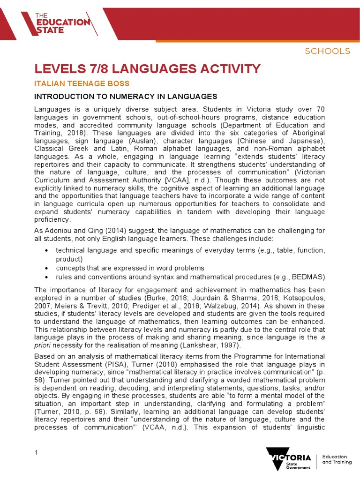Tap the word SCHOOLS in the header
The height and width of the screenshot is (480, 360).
(328, 51)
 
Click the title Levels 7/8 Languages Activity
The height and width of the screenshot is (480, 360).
(147, 69)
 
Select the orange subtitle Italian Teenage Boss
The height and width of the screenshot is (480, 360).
(82, 83)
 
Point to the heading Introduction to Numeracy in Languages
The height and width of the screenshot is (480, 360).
(126, 97)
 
